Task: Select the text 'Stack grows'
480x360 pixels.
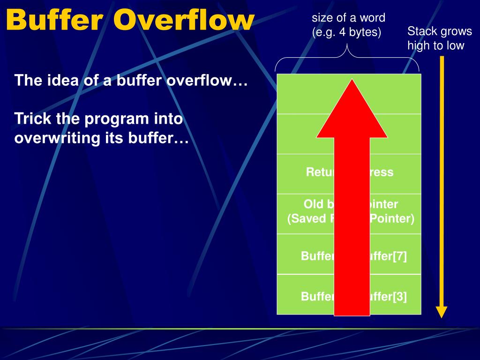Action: click(x=440, y=31)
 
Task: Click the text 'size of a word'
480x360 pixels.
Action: click(x=349, y=18)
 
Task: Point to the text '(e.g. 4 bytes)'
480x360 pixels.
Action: click(x=347, y=32)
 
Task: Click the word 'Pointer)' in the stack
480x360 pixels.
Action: click(x=392, y=218)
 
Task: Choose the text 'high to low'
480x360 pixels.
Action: click(x=435, y=45)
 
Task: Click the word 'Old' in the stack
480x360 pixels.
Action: click(x=314, y=204)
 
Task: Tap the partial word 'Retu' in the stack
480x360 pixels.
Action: click(x=320, y=172)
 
